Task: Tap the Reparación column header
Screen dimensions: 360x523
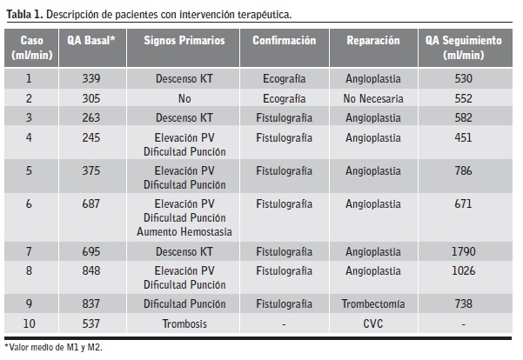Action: pos(373,42)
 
